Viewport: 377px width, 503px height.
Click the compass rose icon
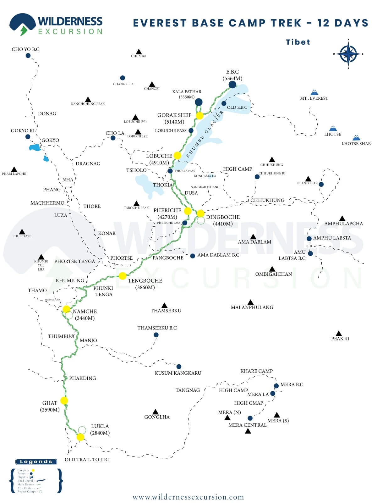(x=348, y=54)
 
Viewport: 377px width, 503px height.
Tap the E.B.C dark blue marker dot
(x=232, y=84)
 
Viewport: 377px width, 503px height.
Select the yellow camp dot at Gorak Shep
(x=199, y=115)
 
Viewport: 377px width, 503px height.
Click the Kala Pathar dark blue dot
(x=199, y=102)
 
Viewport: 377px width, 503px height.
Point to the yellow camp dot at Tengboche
(x=123, y=276)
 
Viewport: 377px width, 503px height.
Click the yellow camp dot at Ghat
(x=64, y=401)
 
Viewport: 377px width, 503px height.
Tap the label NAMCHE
(x=85, y=311)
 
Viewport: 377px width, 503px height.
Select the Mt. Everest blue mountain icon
(x=314, y=92)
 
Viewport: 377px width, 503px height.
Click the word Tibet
(x=298, y=42)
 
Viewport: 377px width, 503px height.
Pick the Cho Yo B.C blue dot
(x=28, y=56)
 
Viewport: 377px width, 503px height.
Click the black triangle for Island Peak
(x=308, y=179)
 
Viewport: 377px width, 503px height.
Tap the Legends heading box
(x=36, y=462)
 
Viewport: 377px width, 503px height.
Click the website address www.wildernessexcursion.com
(x=188, y=497)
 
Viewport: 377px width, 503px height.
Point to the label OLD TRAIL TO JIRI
(x=87, y=459)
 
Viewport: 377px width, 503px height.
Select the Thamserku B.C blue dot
(x=156, y=335)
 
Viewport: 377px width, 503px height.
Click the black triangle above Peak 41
(x=339, y=333)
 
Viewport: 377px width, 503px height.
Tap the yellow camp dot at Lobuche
(x=177, y=155)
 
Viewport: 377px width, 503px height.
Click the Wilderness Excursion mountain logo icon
(x=22, y=24)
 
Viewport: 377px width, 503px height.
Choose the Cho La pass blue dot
(x=113, y=138)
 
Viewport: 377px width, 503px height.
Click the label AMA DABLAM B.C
(x=218, y=255)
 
